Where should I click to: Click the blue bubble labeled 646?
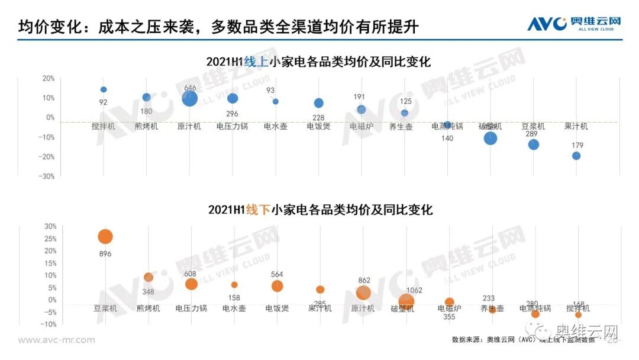tap(189, 98)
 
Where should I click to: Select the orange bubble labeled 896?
tap(105, 237)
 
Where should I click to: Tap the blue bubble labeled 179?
tap(576, 156)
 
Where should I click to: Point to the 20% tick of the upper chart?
tap(48, 78)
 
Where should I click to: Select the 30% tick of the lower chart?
tap(49, 226)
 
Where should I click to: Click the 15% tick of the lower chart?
tap(49, 263)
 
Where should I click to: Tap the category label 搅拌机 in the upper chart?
tap(104, 126)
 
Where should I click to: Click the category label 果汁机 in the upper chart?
tap(576, 126)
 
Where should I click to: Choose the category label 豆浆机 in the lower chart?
tap(105, 308)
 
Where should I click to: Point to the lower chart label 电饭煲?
tap(277, 308)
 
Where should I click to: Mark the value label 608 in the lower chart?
tap(191, 274)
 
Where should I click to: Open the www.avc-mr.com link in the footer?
tap(56, 340)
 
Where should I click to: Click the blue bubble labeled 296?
tap(233, 98)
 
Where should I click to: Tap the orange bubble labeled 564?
tap(277, 286)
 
